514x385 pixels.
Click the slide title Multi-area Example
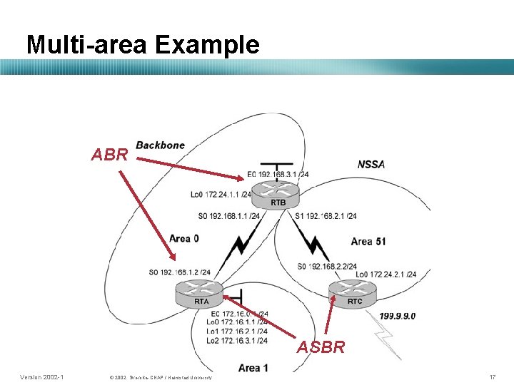click(x=143, y=45)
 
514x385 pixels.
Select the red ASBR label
click(x=321, y=347)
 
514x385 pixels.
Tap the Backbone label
click(x=160, y=145)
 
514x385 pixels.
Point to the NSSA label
click(x=371, y=165)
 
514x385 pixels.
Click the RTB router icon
click(x=278, y=191)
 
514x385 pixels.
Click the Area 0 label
click(x=184, y=238)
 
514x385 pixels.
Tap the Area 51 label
click(x=368, y=242)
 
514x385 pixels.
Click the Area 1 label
click(x=253, y=368)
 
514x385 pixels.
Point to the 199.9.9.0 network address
click(x=397, y=316)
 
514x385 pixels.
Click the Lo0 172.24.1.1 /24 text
click(x=221, y=194)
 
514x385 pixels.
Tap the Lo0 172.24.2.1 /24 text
click(x=385, y=274)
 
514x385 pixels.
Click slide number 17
click(x=491, y=376)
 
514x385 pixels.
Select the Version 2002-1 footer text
click(x=41, y=376)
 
